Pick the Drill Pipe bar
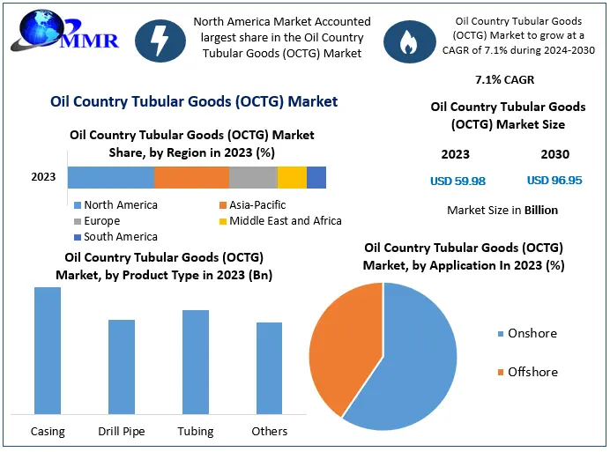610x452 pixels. click(122, 366)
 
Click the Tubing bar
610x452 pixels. click(196, 361)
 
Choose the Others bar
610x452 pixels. click(270, 367)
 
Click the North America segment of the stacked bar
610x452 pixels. click(111, 177)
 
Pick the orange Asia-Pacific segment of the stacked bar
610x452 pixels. click(191, 177)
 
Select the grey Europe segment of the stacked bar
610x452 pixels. click(253, 177)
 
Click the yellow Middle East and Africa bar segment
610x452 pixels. click(292, 177)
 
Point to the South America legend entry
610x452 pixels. click(115, 236)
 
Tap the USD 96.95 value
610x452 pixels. click(554, 181)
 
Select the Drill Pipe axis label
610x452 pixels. click(122, 431)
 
